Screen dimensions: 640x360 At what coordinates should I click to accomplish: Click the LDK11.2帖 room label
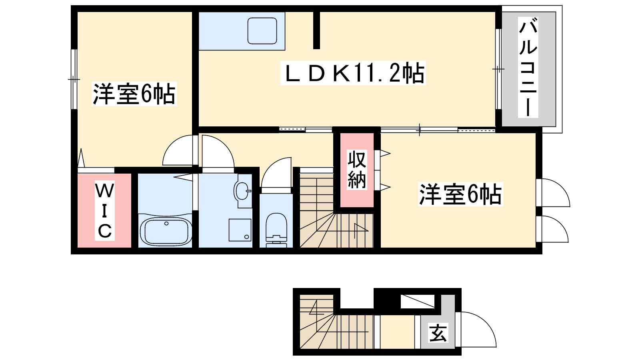pyautogui.click(x=353, y=73)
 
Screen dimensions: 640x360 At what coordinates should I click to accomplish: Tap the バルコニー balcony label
pyautogui.click(x=528, y=67)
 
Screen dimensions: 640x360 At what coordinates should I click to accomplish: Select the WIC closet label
pyautogui.click(x=104, y=210)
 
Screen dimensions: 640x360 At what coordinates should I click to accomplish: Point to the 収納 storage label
pyautogui.click(x=357, y=170)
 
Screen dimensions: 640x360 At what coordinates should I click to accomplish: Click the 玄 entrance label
pyautogui.click(x=438, y=332)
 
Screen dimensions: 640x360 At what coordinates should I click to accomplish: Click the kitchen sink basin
pyautogui.click(x=262, y=31)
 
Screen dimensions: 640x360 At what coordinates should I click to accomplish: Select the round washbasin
pyautogui.click(x=242, y=190)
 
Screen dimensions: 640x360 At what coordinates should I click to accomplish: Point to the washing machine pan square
pyautogui.click(x=240, y=230)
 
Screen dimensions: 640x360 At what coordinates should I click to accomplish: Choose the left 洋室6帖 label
pyautogui.click(x=134, y=94)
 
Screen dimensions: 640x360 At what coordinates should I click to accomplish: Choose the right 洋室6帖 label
pyautogui.click(x=460, y=194)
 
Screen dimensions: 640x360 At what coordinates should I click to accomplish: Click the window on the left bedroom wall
pyautogui.click(x=74, y=79)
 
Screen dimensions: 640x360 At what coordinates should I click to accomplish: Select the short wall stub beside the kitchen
pyautogui.click(x=316, y=30)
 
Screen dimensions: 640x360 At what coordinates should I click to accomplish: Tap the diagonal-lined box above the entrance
pyautogui.click(x=418, y=302)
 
